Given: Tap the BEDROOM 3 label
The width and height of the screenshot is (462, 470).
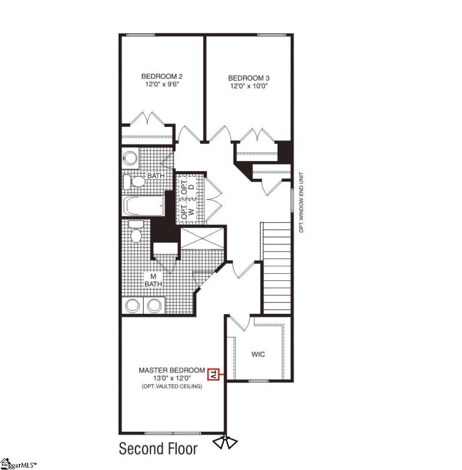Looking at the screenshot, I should coord(249,78).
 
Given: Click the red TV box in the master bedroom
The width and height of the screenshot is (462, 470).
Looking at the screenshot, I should coord(213,374).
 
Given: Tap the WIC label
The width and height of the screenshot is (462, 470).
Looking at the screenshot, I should coord(259,355).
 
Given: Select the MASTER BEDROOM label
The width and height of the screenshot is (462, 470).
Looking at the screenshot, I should coord(171,370).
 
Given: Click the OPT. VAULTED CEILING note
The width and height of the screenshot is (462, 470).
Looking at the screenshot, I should coord(171,386).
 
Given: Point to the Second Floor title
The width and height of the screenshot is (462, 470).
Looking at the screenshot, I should coord(159,449).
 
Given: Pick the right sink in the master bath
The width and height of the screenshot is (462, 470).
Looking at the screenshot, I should coord(154,305).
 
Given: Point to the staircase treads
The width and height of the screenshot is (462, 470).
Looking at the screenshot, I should coord(276,267).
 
